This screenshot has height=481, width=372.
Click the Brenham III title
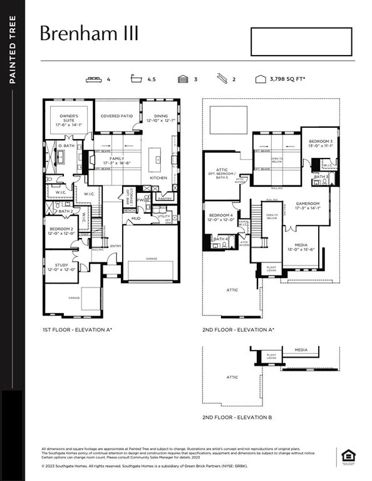pos(89,34)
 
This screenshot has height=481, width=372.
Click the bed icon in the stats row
pos(95,80)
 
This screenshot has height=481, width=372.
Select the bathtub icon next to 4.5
pos(135,80)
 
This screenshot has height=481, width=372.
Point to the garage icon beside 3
pos(183,80)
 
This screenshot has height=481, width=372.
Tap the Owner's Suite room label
pos(69,120)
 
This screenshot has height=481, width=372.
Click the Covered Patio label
pos(116,116)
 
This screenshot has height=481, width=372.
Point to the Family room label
pos(117,161)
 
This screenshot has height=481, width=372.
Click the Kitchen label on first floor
pos(158,178)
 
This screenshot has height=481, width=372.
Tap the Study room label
pos(61,267)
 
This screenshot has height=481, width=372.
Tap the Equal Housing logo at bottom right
pos(348,456)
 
